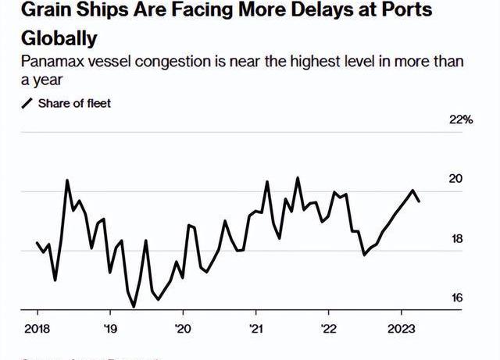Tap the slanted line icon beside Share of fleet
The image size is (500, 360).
click(x=27, y=103)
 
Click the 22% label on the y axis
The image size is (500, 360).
click(x=462, y=119)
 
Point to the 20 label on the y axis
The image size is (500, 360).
click(x=455, y=179)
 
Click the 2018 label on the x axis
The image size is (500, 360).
click(x=37, y=329)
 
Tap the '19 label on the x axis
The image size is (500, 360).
click(x=110, y=329)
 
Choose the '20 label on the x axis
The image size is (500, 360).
click(x=182, y=329)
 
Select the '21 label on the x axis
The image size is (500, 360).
click(x=255, y=329)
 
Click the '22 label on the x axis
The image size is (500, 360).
click(x=329, y=329)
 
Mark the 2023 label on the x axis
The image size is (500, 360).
click(x=401, y=329)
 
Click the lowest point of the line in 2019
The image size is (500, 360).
click(x=134, y=307)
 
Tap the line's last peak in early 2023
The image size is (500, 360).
click(x=413, y=191)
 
